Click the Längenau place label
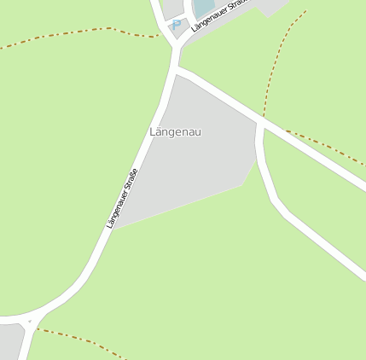(x=175, y=132)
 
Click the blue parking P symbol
(x=177, y=25)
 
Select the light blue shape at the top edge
(x=204, y=8)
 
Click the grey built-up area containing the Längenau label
(x=192, y=166)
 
